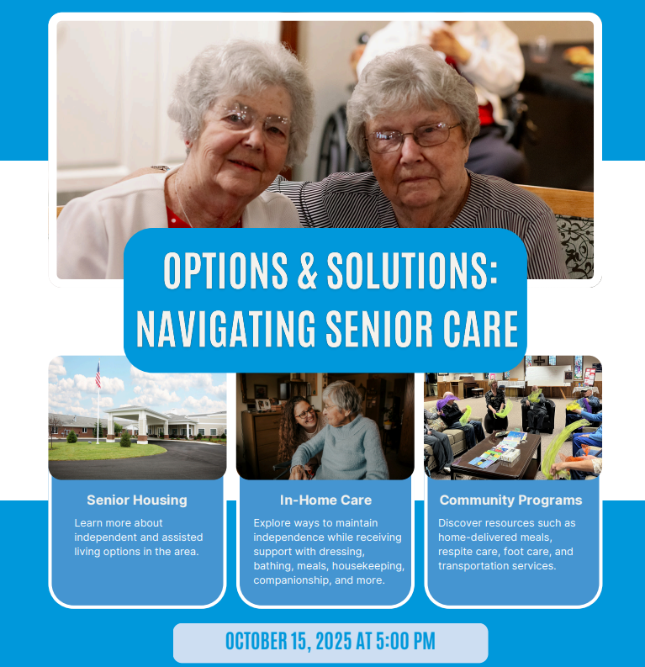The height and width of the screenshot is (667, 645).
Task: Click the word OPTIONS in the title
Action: click(x=225, y=271)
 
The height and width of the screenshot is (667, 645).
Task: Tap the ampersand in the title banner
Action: click(x=308, y=271)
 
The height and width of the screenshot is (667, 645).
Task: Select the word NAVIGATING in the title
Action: click(x=225, y=328)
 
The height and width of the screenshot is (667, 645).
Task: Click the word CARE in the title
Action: click(x=480, y=328)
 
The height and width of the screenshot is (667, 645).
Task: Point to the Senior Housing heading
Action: click(x=137, y=500)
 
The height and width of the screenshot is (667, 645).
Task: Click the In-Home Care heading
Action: click(x=325, y=500)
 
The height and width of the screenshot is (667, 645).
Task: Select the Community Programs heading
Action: click(x=510, y=500)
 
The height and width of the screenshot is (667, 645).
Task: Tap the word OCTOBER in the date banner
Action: click(x=256, y=642)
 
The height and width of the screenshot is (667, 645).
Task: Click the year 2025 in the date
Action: click(x=334, y=642)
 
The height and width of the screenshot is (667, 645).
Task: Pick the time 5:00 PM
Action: click(x=405, y=642)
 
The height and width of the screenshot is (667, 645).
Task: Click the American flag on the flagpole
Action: click(x=98, y=375)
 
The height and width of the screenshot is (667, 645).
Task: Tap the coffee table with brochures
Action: click(x=496, y=455)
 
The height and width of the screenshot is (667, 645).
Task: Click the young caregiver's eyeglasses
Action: click(x=304, y=412)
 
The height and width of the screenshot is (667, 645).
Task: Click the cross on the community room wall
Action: click(x=540, y=361)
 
